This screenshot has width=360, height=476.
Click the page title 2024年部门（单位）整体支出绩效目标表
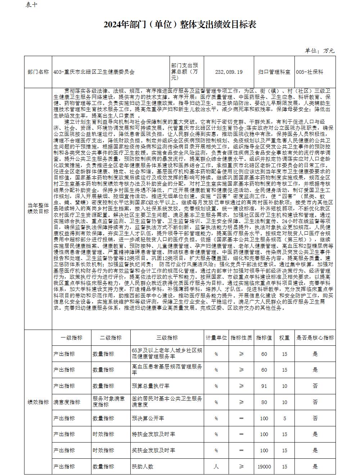tap(180, 24)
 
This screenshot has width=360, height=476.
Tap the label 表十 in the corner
tap(31, 5)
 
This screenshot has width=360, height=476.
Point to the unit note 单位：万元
tap(320, 51)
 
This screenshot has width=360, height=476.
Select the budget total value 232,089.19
tap(229, 72)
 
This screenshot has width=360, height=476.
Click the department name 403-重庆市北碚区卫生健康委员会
tap(94, 72)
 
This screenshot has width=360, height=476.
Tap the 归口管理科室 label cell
tap(274, 72)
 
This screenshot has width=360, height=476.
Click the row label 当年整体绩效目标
tap(38, 208)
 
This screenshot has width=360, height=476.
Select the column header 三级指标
tap(167, 337)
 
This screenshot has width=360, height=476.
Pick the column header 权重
tap(284, 337)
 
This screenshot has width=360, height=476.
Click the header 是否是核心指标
tap(315, 337)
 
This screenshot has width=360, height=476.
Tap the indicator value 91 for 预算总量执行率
tap(264, 386)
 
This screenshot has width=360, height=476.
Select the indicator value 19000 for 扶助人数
tap(264, 467)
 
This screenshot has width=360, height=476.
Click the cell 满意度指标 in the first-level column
tap(67, 402)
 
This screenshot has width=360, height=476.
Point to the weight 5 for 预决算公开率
tap(284, 418)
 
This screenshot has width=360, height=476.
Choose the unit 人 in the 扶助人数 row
tap(216, 467)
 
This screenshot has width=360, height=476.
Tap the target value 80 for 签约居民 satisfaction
tap(264, 402)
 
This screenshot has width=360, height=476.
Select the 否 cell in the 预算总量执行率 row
tap(315, 386)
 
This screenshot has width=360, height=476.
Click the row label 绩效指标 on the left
tap(38, 402)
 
